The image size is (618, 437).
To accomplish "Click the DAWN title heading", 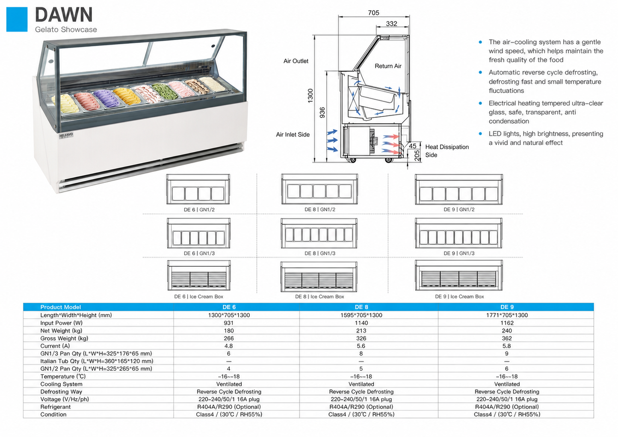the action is [64, 15].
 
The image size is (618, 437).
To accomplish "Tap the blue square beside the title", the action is [17, 19].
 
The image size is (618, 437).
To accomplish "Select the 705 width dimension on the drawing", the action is [373, 13].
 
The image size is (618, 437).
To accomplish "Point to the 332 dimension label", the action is [391, 24].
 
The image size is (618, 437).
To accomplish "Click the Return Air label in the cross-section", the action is [388, 66].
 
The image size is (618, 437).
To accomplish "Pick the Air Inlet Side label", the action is [293, 135].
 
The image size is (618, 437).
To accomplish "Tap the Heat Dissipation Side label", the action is [447, 151].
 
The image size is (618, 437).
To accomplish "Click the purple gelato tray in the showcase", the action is [106, 99].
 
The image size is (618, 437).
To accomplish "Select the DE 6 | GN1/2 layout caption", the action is [199, 210].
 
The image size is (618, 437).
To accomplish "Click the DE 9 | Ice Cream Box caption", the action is [459, 297].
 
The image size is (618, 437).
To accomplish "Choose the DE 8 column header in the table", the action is [361, 307].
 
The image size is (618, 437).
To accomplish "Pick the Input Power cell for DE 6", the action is [229, 323].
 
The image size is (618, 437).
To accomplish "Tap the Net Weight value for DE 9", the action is [507, 331].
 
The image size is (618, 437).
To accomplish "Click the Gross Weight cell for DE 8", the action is [361, 338].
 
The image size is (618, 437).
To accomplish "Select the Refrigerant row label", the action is [56, 407].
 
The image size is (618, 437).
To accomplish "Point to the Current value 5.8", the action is [506, 346].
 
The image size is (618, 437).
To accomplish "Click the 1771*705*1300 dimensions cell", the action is [507, 315].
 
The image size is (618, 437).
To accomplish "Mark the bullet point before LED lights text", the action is [480, 134].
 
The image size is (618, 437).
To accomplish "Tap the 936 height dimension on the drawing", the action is [322, 112].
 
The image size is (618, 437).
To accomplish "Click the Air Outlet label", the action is [296, 61].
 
